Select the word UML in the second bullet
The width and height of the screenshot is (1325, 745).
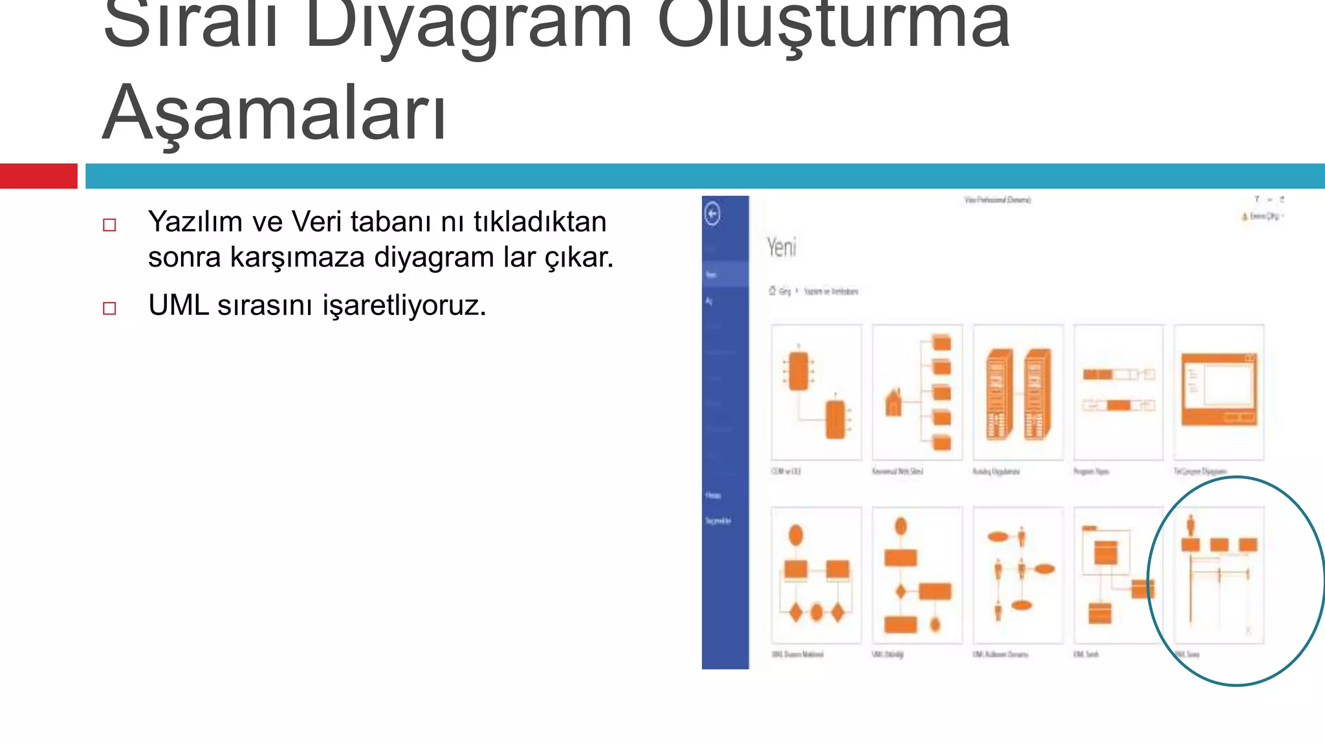(179, 305)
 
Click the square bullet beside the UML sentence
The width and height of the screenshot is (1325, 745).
(109, 308)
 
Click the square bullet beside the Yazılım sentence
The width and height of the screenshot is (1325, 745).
(109, 225)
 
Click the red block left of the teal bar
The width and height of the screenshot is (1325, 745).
(38, 176)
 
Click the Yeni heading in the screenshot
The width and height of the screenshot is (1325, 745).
(782, 247)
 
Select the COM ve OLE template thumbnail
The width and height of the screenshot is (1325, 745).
(816, 393)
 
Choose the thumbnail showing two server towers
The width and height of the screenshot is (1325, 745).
(1018, 393)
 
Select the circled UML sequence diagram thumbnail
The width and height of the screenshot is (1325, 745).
(1219, 574)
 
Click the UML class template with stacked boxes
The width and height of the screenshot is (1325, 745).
(1118, 574)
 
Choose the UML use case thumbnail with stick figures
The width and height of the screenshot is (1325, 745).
(1018, 574)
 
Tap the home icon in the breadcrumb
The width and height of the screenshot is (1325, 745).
(772, 291)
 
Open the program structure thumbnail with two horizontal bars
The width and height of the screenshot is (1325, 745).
(1118, 393)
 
